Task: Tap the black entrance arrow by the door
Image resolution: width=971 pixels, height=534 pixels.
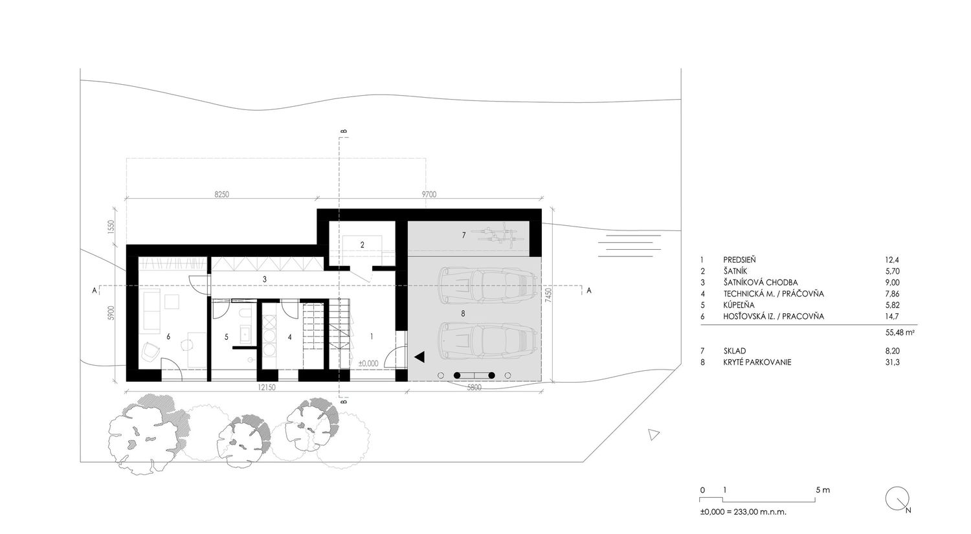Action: [419, 357]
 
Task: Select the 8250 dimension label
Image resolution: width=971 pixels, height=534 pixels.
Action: [221, 195]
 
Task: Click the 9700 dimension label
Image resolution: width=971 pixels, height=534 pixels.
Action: [429, 195]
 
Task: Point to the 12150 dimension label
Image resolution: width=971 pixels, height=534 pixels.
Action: [267, 388]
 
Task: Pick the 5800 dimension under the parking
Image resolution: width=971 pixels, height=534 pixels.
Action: [474, 388]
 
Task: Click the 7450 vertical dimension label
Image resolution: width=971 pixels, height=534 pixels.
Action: [549, 295]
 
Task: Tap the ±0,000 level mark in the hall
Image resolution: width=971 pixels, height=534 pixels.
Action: [368, 364]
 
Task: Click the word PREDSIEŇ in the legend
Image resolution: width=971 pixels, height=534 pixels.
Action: [739, 260]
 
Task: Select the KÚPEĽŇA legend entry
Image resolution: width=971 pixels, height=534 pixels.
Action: [739, 305]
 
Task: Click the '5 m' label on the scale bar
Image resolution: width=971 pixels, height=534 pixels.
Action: [823, 490]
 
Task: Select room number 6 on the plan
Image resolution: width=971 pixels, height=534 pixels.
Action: [168, 337]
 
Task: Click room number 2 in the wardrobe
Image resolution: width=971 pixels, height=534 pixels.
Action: [363, 245]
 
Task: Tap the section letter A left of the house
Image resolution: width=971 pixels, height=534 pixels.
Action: [94, 291]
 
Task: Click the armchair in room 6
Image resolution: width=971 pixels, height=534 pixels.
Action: [150, 350]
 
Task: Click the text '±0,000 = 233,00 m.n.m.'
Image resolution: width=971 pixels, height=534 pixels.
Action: [743, 512]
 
